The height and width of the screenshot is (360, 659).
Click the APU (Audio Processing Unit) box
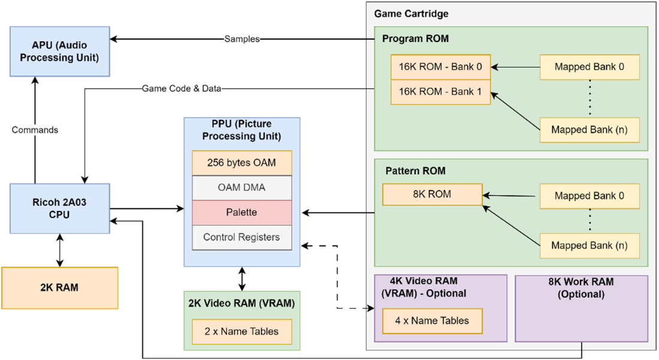60,52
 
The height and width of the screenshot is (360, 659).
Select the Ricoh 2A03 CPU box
60,208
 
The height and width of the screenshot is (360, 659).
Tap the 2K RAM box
60,288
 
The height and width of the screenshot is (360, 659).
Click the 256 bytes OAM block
242,163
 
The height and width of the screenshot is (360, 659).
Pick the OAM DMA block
242,188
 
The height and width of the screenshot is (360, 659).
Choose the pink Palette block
242,213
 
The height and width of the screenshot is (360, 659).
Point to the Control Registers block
242,237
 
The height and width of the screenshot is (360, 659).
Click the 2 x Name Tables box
242,331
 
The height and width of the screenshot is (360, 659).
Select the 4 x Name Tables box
432,321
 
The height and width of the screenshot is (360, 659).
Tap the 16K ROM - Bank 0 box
440,67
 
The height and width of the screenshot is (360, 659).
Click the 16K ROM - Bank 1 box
440,92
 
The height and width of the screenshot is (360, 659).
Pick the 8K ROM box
432,195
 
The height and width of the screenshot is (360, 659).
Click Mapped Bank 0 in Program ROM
589,67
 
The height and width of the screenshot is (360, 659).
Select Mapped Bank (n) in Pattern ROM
589,246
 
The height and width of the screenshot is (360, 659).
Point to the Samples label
242,40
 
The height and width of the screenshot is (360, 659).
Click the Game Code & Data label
182,89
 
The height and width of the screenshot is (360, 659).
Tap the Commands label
35,130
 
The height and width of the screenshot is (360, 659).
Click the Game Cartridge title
411,14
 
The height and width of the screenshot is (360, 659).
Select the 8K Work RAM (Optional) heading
581,288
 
